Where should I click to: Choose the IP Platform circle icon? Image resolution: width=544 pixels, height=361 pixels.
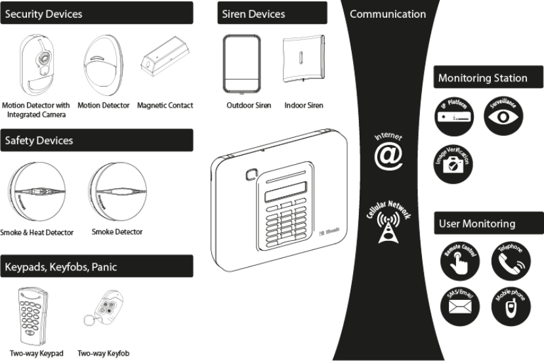tap(454, 116)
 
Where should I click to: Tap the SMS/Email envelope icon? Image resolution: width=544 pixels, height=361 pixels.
tap(454, 308)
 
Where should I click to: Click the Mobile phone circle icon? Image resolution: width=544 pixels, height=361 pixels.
tap(507, 308)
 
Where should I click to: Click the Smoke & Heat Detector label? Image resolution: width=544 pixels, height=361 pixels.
tap(37, 232)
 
